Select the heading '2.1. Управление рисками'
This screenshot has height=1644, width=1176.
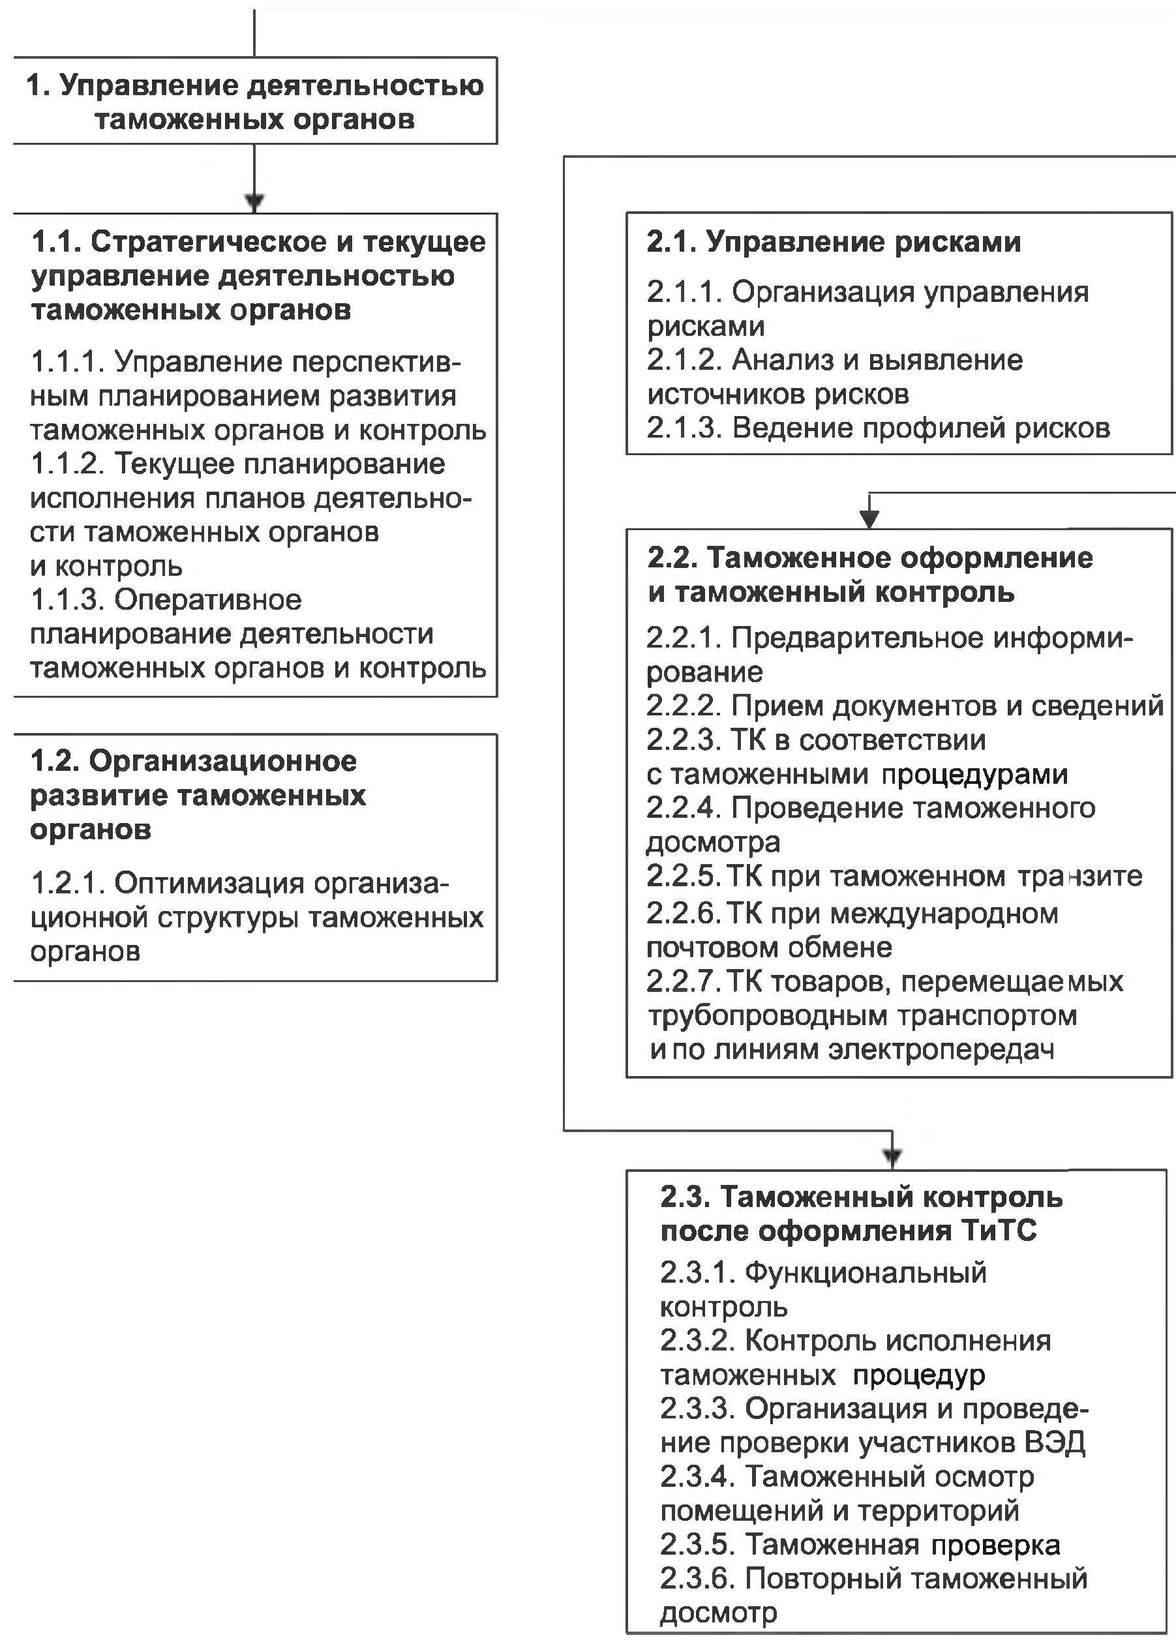pos(834,243)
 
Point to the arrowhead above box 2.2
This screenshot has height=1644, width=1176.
pos(869,518)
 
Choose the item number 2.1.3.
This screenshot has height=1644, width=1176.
pos(684,428)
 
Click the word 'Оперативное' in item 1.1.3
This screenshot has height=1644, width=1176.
pos(208,600)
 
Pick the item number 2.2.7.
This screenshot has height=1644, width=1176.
pos(684,982)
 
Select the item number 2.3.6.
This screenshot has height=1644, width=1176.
pos(697,1579)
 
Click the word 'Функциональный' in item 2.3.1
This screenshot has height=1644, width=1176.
pos(866,1273)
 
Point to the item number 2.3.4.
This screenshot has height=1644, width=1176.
pos(697,1477)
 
